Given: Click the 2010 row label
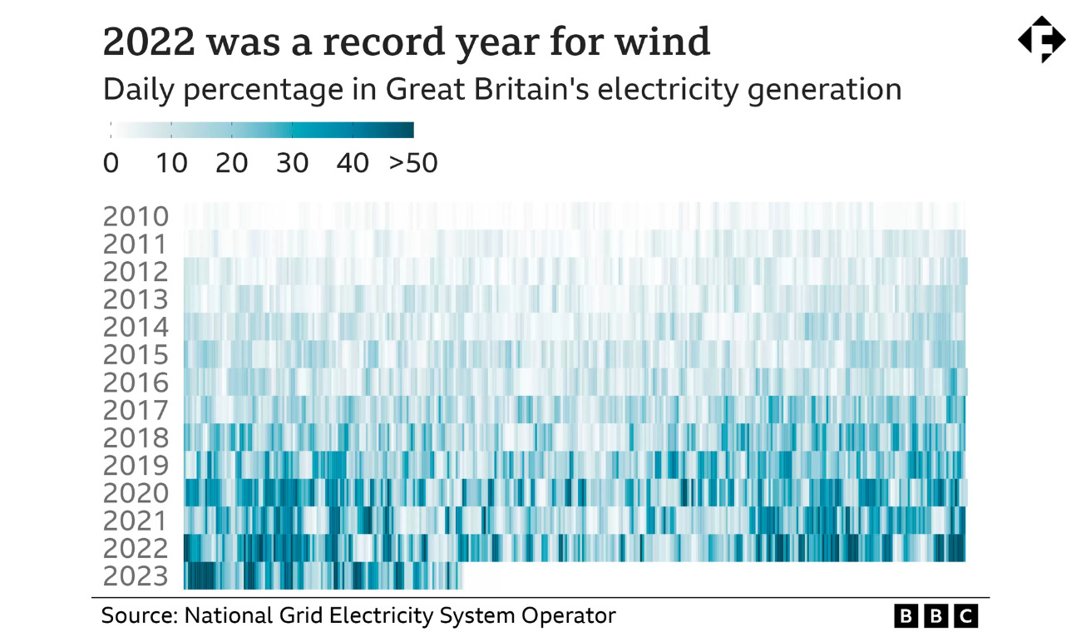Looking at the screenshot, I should point(136,217).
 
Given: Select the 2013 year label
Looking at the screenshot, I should point(136,299).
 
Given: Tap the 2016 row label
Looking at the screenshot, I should point(136,383).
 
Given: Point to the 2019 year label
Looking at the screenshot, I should point(136,465).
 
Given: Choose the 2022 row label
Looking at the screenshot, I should point(136,549).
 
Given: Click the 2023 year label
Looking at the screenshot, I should point(136,576).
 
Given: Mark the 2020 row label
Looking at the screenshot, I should point(136,493).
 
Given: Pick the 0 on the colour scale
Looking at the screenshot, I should point(111,163).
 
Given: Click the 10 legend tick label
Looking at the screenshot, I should point(171,163).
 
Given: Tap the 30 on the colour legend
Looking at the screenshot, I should point(292,163).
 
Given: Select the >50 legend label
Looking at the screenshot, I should point(413,163).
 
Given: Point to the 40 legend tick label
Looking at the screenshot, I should point(353,163).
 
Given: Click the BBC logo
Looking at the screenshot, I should point(936,616).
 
